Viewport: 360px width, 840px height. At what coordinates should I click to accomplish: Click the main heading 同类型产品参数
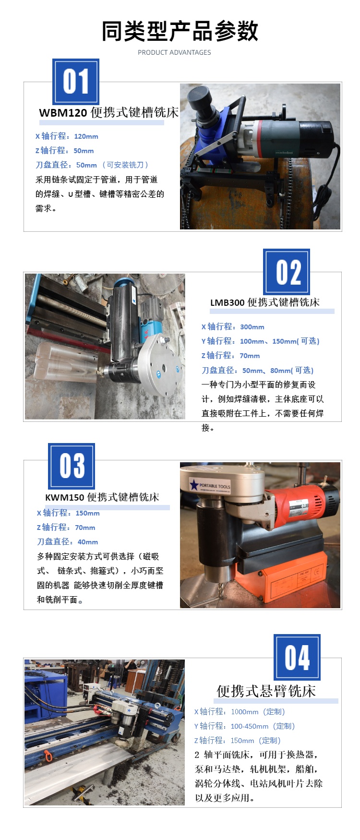(180, 31)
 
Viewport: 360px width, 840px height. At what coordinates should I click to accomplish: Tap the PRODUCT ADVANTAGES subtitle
(174, 52)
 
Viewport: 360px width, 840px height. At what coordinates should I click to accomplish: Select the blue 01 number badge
(76, 82)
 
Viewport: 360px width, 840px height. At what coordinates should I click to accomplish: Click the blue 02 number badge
(287, 272)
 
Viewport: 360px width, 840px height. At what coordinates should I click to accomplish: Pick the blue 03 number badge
(72, 466)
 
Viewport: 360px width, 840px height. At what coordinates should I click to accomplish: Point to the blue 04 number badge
(297, 657)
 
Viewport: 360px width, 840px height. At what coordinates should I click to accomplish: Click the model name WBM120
(63, 113)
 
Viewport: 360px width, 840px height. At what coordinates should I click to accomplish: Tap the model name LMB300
(228, 303)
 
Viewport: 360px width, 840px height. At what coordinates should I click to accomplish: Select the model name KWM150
(65, 498)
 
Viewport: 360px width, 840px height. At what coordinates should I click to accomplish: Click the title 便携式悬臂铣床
(266, 691)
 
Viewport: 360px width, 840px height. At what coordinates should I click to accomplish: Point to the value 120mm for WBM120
(86, 136)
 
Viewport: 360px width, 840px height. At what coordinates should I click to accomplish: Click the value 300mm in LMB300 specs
(252, 327)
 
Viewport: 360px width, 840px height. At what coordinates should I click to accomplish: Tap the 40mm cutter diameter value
(88, 542)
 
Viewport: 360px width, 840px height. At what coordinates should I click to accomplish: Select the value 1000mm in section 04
(245, 712)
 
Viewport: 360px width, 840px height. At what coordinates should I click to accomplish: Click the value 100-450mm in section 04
(250, 726)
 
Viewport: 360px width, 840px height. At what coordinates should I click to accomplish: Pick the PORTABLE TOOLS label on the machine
(215, 486)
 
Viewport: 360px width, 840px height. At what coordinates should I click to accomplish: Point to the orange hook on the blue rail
(47, 755)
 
